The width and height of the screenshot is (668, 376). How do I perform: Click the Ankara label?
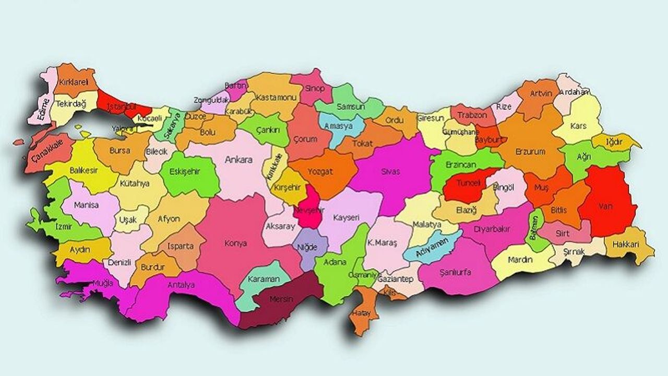pos(238,160)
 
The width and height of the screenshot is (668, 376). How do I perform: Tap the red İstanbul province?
pos(117,102)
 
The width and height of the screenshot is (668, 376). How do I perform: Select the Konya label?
pos(235,243)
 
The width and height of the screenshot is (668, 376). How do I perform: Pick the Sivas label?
pos(390,171)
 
